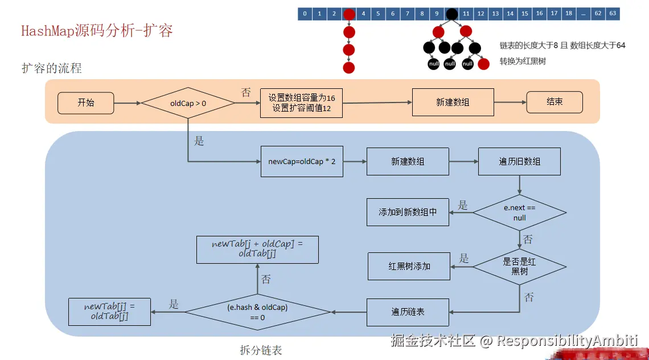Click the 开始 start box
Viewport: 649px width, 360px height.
[86, 103]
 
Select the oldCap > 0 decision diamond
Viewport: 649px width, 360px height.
[188, 103]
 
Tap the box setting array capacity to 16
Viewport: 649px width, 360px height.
[301, 103]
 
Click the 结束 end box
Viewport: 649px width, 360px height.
[554, 103]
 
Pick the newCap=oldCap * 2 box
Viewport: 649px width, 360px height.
[302, 162]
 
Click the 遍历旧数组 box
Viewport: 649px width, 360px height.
[519, 162]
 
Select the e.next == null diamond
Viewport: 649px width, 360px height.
[519, 212]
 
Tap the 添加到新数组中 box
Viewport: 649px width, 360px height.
[408, 212]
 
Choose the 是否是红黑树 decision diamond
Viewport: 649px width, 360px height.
[519, 267]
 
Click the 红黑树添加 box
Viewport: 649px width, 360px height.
[409, 267]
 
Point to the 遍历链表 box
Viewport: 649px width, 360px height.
[408, 312]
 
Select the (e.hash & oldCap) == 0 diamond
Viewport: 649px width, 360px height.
[257, 312]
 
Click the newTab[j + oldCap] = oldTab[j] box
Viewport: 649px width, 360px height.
[257, 249]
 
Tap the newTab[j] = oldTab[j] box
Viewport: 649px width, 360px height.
[109, 312]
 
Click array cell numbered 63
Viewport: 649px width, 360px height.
[613, 14]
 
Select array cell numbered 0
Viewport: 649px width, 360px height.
[305, 14]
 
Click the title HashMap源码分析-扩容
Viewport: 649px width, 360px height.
[97, 31]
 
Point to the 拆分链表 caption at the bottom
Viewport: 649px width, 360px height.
[261, 350]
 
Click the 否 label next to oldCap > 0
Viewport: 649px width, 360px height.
[246, 92]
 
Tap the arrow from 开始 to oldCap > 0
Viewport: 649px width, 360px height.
[127, 103]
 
